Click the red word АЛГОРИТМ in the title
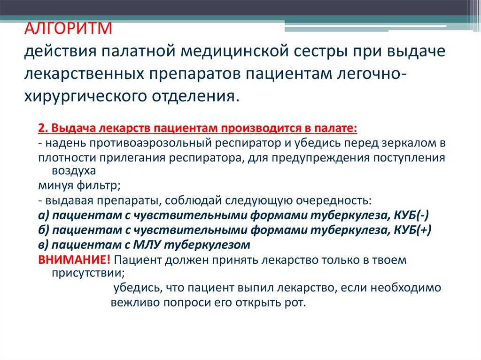[69, 29]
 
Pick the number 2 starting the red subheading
[42, 128]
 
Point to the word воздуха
[74, 171]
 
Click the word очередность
[334, 201]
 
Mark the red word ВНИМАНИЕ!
[74, 260]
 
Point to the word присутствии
[88, 273]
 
